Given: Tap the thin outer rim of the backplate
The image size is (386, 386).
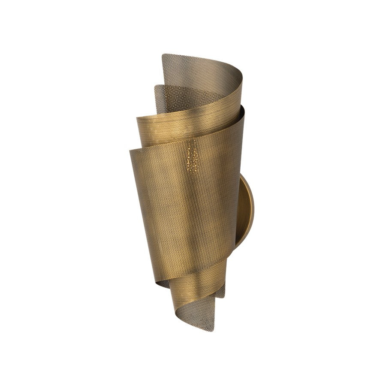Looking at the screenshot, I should tap(252, 214).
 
